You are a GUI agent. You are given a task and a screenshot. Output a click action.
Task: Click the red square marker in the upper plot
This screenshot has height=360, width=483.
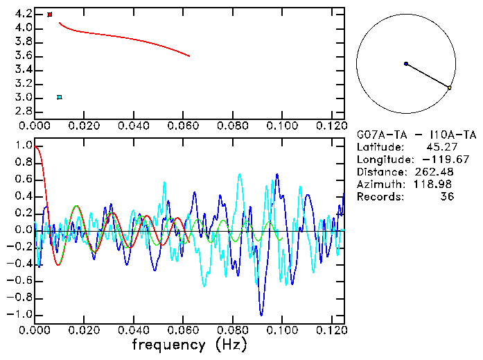(50, 15)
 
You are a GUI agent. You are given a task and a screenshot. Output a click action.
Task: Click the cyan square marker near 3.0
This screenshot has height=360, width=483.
(60, 97)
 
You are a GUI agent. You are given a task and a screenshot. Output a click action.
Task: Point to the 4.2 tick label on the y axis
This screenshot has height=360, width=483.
(22, 14)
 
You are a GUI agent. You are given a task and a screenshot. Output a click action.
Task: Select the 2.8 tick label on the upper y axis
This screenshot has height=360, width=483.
(22, 111)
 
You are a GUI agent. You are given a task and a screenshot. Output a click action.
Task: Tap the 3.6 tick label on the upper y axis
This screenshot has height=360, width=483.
(22, 55)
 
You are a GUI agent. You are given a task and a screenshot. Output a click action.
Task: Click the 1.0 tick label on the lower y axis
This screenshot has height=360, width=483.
(22, 146)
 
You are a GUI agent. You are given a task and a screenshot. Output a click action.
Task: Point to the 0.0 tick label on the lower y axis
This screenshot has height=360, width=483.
(22, 230)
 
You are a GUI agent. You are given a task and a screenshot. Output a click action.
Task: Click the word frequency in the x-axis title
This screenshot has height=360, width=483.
(168, 345)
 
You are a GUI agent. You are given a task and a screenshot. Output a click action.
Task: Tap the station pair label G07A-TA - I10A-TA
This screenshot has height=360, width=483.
(416, 135)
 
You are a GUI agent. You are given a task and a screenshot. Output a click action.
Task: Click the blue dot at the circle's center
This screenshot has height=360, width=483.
(406, 64)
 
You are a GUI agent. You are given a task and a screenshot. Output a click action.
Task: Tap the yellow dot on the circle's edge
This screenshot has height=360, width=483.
(450, 88)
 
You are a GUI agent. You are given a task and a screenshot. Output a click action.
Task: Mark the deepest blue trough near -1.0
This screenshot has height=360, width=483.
(261, 315)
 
